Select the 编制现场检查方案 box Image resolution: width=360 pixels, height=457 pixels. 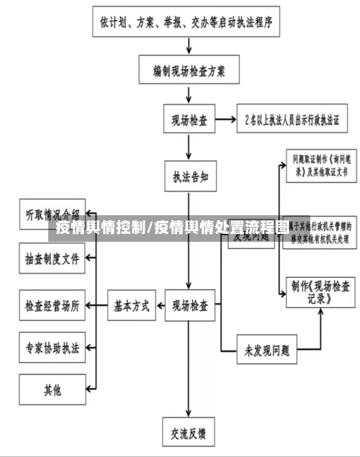189,71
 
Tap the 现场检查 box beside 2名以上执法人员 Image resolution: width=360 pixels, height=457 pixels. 189,119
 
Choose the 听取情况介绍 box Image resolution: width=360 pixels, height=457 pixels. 53,214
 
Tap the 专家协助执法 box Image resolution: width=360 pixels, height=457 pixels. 53,348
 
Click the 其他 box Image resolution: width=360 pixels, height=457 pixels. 53,391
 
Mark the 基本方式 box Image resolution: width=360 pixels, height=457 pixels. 132,306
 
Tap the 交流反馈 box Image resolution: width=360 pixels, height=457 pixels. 189,433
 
